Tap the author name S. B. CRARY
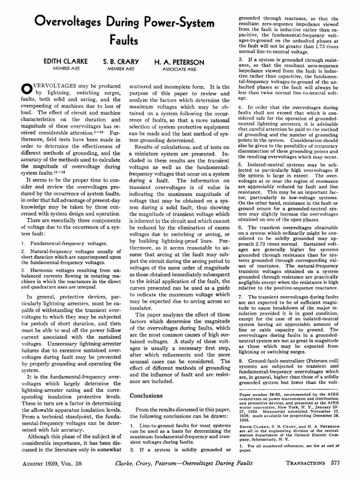click(x=121, y=61)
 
